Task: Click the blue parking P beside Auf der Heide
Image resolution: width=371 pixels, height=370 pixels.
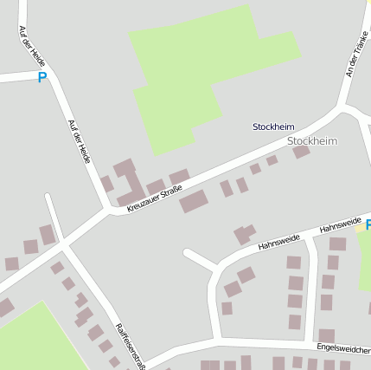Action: (x=42, y=77)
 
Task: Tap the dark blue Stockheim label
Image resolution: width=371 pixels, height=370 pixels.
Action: (x=273, y=127)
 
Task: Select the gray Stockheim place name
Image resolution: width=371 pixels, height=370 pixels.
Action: (x=311, y=140)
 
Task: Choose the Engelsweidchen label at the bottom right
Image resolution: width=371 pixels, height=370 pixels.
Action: (x=343, y=347)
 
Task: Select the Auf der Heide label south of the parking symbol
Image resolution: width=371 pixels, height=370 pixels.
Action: (x=80, y=140)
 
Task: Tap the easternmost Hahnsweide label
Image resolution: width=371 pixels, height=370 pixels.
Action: (x=340, y=225)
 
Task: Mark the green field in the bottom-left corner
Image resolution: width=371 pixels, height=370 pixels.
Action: (x=30, y=338)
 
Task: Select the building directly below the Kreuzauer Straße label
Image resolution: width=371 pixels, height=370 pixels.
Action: (x=194, y=202)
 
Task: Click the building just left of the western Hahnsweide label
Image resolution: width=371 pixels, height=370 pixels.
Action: (x=244, y=234)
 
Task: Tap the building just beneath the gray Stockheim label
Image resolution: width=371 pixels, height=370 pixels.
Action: (x=301, y=152)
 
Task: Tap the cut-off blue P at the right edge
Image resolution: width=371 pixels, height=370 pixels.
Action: (x=367, y=224)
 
